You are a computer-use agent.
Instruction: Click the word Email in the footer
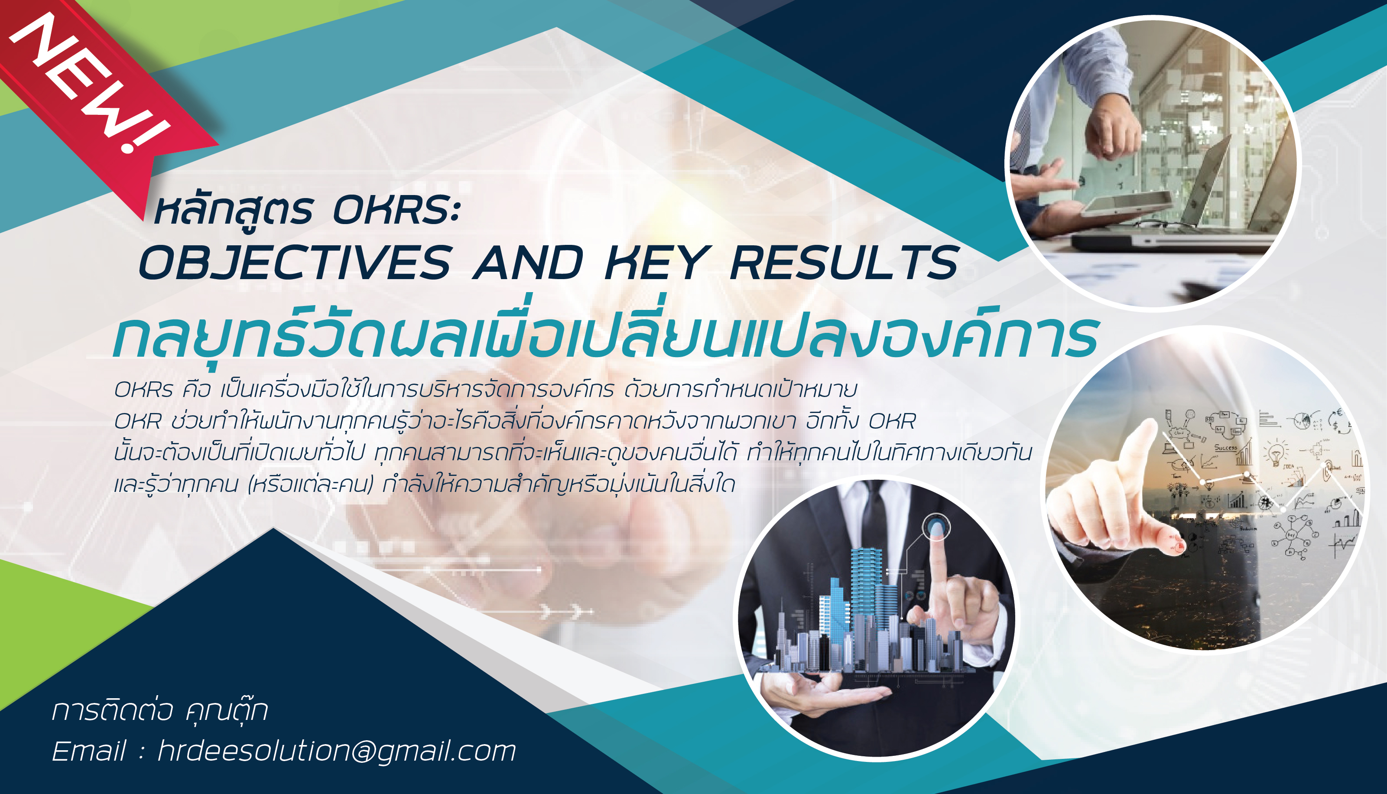89,751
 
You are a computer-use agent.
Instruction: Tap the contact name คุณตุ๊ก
227,710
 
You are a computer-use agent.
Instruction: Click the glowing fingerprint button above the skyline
936,527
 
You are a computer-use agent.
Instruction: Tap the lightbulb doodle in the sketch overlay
1276,452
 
